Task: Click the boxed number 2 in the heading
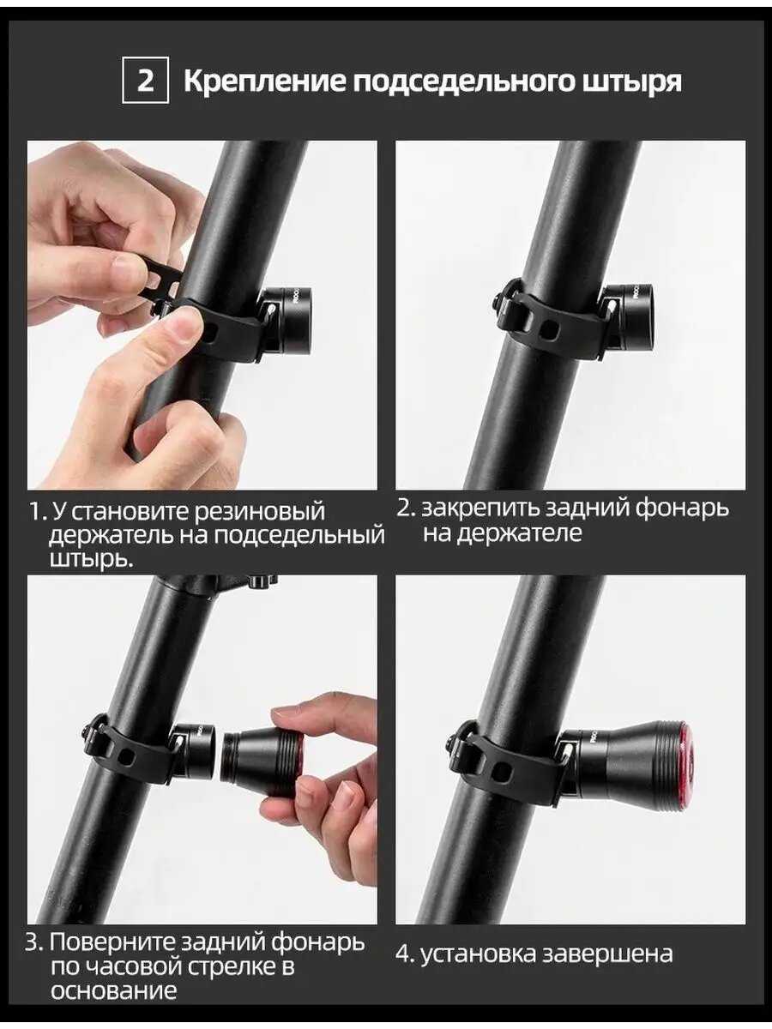point(145,81)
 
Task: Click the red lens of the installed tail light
point(685,755)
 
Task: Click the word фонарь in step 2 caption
point(682,508)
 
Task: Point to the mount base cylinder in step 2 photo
point(631,316)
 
